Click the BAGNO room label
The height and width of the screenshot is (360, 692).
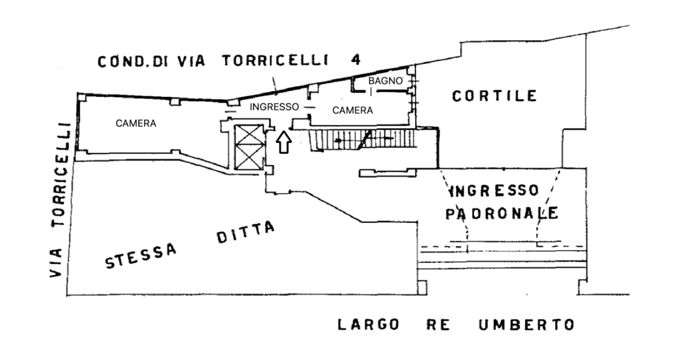(x=385, y=81)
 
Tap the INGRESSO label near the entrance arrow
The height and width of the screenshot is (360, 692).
(x=274, y=106)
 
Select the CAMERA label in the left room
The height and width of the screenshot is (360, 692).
(x=136, y=123)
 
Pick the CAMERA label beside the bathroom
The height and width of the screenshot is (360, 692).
(x=352, y=110)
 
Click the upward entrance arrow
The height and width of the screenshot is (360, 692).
(x=284, y=143)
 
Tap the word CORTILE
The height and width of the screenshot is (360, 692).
(x=495, y=97)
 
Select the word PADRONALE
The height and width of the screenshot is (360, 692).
(x=501, y=213)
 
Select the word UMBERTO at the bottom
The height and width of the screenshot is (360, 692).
(x=525, y=325)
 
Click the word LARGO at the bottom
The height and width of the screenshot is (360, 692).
(x=369, y=325)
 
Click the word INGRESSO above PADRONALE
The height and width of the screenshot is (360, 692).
(x=494, y=191)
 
